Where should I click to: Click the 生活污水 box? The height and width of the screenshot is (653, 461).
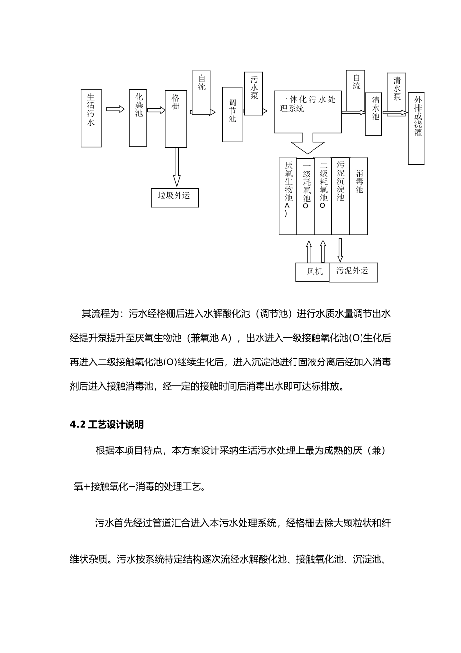click(x=91, y=118)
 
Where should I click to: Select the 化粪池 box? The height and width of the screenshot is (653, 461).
click(x=138, y=118)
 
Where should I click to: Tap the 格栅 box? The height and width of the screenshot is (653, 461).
click(x=176, y=119)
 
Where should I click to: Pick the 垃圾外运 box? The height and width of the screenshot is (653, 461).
click(x=175, y=197)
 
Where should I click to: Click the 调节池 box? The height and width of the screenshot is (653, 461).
click(x=232, y=115)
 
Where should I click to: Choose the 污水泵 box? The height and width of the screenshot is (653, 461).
click(x=253, y=94)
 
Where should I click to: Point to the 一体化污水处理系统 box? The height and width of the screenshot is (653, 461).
click(x=307, y=112)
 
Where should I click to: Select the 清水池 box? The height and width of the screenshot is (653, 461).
click(x=374, y=114)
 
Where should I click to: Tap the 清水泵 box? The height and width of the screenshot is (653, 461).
click(x=396, y=94)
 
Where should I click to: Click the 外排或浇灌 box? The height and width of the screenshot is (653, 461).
click(x=416, y=128)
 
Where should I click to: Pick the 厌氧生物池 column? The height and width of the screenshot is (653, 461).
click(x=288, y=196)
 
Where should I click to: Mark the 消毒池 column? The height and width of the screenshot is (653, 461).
click(x=359, y=196)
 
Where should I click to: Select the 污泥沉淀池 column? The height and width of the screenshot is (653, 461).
click(x=340, y=196)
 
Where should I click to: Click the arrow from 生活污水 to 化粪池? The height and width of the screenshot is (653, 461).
click(x=115, y=110)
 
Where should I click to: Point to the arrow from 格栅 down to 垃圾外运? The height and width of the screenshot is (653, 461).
click(x=176, y=167)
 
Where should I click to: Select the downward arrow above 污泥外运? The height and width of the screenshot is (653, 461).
click(x=340, y=250)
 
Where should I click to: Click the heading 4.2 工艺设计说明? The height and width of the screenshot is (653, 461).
click(x=107, y=425)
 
